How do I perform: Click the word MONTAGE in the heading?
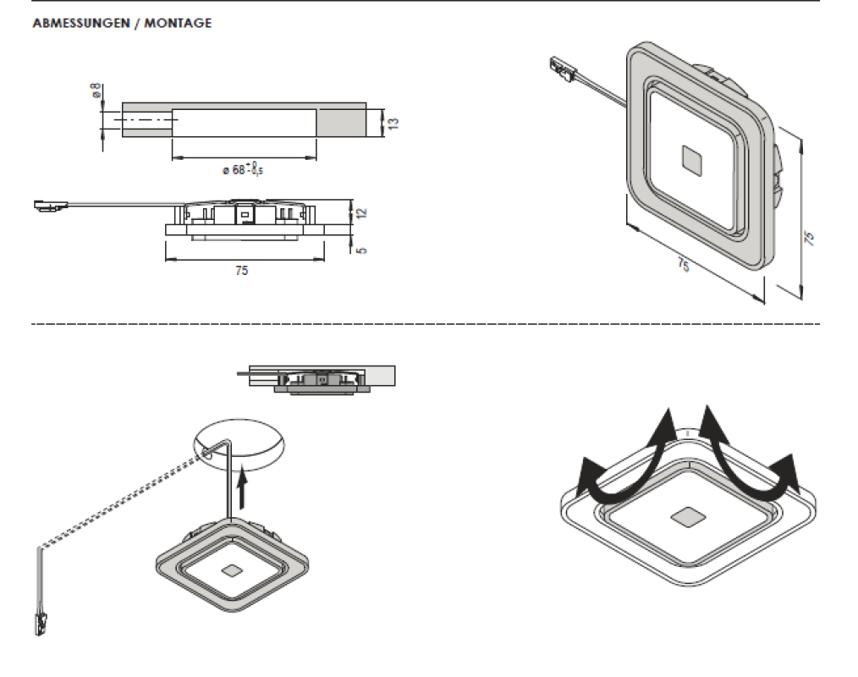point(178,24)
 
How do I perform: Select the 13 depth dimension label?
point(393,123)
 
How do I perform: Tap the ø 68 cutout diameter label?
point(243,170)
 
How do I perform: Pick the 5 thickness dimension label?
point(363,250)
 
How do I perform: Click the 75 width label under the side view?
point(242,271)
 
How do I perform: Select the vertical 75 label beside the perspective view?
point(809,238)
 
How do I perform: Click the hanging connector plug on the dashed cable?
point(39,624)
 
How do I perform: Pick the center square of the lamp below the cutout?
point(228,572)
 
